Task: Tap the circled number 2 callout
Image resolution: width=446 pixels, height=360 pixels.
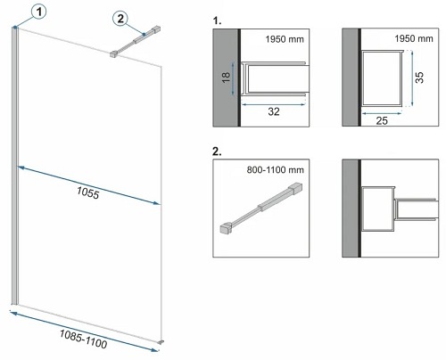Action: coord(121,18)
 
